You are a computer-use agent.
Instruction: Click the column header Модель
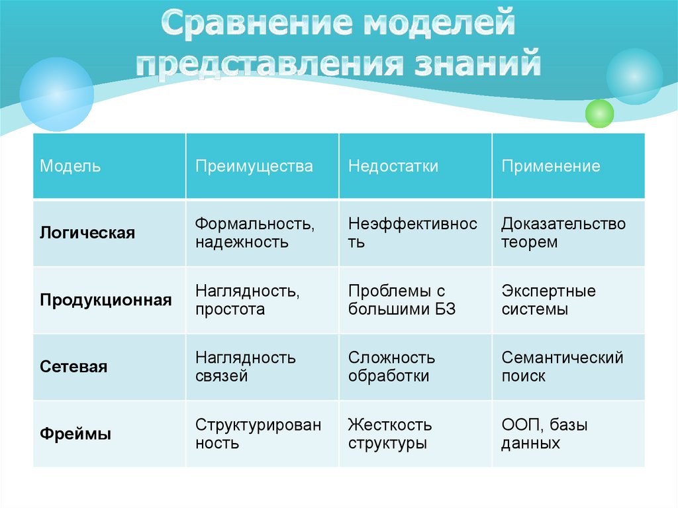(x=70, y=166)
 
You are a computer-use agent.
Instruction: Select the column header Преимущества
(x=254, y=166)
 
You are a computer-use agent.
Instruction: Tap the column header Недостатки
(x=393, y=166)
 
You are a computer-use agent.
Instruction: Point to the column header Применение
(x=551, y=166)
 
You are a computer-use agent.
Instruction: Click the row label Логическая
(x=87, y=233)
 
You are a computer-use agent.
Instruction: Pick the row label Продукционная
(x=106, y=300)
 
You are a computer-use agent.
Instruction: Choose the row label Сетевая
(x=73, y=367)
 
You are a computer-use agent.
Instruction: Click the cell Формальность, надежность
(x=255, y=233)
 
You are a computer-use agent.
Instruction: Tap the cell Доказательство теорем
(x=563, y=233)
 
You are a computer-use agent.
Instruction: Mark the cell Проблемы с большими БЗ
(x=402, y=300)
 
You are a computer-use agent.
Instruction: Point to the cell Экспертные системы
(x=549, y=300)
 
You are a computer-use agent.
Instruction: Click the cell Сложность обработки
(x=392, y=367)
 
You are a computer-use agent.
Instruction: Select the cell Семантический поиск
(x=562, y=367)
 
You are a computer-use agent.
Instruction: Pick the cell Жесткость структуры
(x=390, y=434)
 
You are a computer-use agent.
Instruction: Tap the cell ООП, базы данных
(x=544, y=434)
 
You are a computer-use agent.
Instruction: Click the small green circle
(x=600, y=113)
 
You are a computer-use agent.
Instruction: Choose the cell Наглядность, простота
(x=246, y=300)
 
